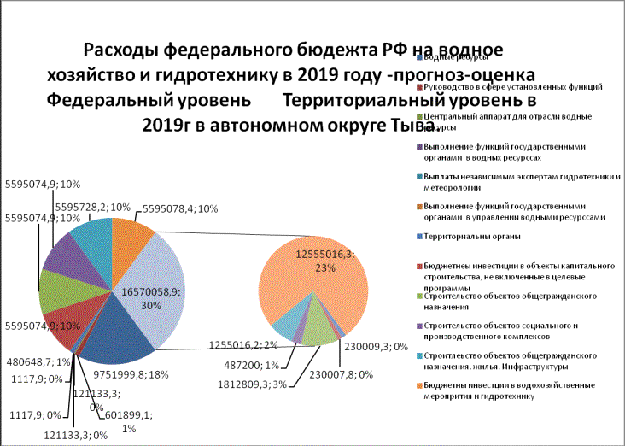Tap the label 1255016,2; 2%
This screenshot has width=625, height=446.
coord(243,345)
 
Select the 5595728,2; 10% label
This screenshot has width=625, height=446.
coord(91,208)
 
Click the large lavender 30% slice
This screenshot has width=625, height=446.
coord(159,273)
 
